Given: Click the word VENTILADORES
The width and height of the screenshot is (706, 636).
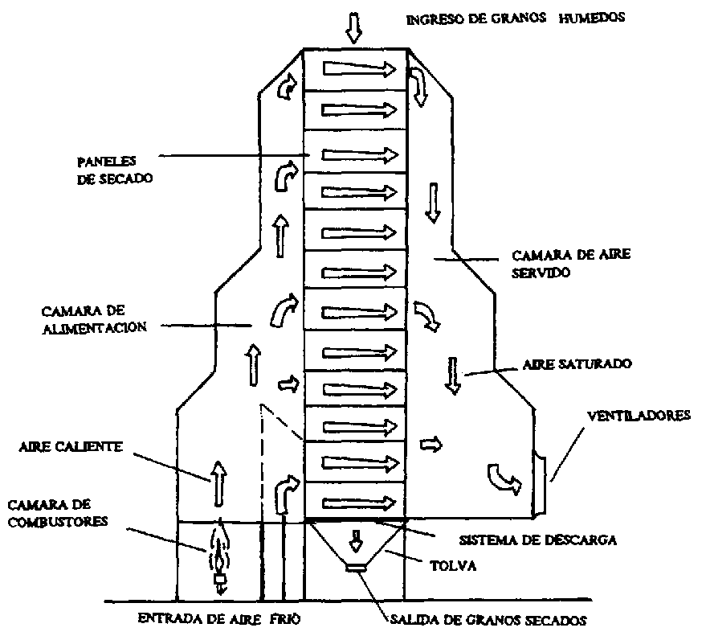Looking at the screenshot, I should [x=639, y=416].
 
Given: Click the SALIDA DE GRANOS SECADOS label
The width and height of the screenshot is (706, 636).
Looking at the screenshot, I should [x=489, y=619].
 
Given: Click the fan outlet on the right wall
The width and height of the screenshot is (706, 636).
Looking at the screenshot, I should [x=541, y=481].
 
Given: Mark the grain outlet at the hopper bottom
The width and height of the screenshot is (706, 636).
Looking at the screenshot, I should [x=354, y=568].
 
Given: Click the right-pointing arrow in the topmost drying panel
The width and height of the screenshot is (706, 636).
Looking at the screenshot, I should [x=360, y=68].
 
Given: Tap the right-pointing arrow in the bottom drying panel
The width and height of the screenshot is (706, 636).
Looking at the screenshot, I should [x=360, y=503].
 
